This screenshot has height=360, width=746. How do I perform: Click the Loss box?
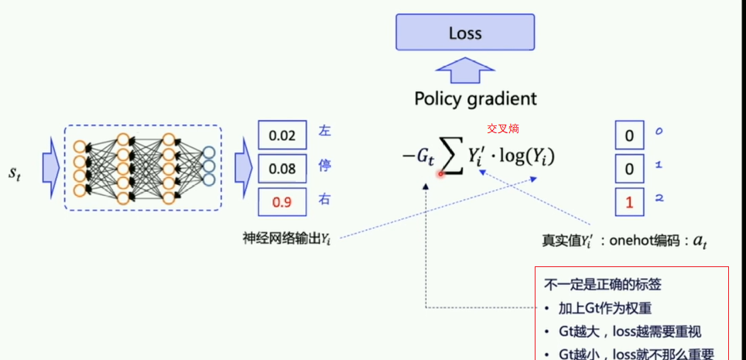(x=465, y=34)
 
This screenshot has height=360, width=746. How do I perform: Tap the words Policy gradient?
(x=475, y=98)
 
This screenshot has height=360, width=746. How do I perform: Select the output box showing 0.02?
(x=282, y=135)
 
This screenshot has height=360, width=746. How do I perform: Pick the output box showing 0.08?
(x=282, y=168)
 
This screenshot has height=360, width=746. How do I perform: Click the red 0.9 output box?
(x=282, y=202)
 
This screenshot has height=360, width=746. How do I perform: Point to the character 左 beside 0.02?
(x=325, y=132)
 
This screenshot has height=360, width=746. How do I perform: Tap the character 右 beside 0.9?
(x=325, y=200)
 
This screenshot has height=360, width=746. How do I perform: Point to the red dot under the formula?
(x=440, y=173)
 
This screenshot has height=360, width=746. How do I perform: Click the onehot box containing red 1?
(x=629, y=202)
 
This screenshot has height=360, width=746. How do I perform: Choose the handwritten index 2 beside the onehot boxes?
(x=659, y=199)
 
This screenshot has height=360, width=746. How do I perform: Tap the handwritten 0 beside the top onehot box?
(x=659, y=132)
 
